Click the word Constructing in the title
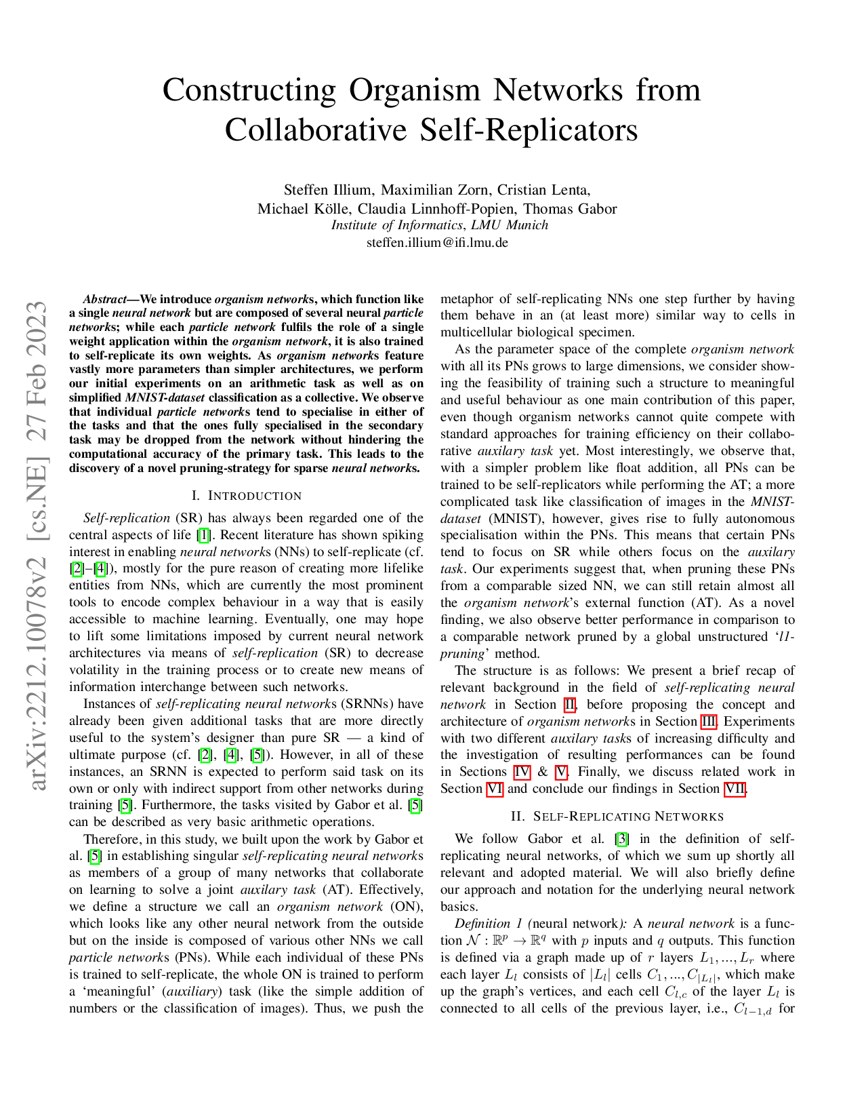pos(249,91)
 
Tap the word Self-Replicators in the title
pos(529,130)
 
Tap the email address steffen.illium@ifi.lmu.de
pos(437,242)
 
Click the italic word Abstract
pos(104,299)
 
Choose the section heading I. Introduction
pos(247,496)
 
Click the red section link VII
pos(735,789)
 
